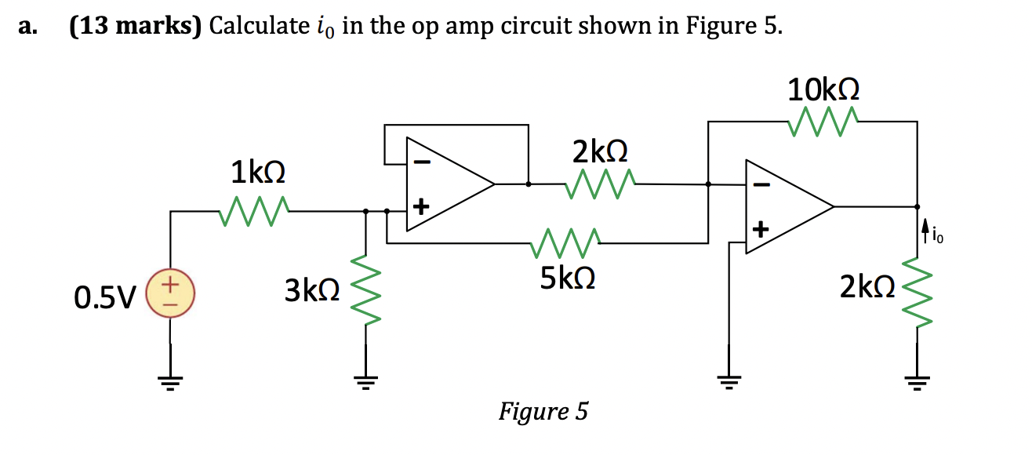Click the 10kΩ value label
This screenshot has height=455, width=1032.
click(x=823, y=89)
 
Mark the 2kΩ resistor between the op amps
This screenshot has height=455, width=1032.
click(x=600, y=184)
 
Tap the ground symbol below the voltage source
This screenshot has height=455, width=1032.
click(x=170, y=382)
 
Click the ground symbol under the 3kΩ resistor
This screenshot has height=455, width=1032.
click(x=365, y=382)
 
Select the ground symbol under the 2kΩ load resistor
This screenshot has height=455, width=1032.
click(x=916, y=382)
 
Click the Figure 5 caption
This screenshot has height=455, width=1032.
click(x=543, y=411)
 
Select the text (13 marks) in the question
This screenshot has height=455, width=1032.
click(x=135, y=27)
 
